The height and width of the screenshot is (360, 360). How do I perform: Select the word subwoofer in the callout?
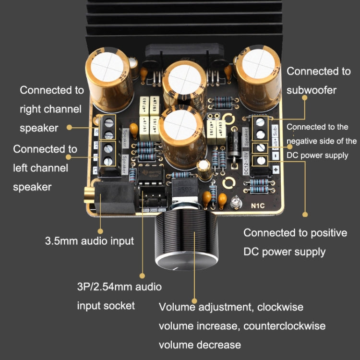(312, 90)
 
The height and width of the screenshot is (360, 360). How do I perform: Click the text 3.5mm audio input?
(89, 240)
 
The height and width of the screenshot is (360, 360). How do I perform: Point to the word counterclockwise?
(285, 326)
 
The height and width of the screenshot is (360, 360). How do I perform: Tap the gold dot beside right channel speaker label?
(70, 127)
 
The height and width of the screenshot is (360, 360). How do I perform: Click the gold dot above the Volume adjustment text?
(194, 288)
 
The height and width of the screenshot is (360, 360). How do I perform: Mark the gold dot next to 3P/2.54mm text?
(142, 276)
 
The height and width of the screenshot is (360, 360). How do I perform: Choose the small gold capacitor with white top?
(205, 168)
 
